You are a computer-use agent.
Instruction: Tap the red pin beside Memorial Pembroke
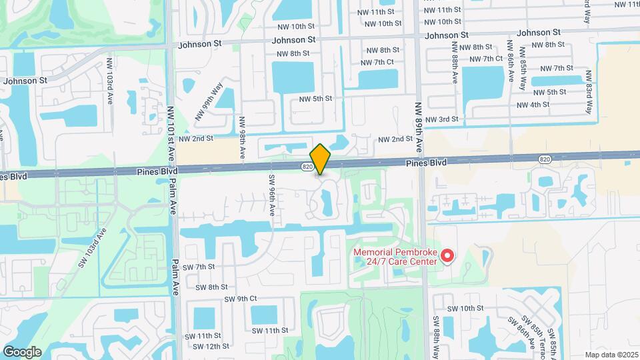pos(449,255)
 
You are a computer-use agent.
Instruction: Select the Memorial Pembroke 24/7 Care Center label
pos(396,257)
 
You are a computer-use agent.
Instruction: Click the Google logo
pos(22,351)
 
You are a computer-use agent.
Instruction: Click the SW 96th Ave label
pos(272,195)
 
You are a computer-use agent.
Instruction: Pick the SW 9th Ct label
pos(240,299)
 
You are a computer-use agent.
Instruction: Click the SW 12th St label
pos(211,346)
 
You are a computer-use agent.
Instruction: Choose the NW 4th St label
pos(533,105)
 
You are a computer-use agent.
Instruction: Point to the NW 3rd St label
pos(443,119)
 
